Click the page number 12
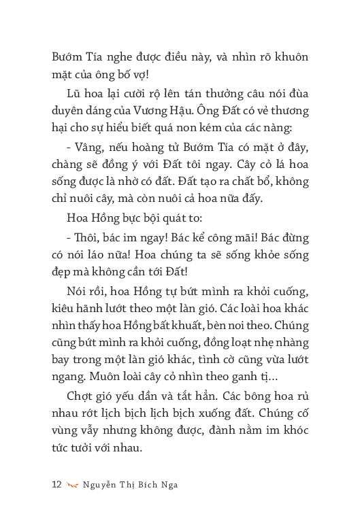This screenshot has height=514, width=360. (56, 484)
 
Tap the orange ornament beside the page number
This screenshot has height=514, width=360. (73, 484)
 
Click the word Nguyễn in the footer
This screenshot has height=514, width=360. (102, 484)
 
